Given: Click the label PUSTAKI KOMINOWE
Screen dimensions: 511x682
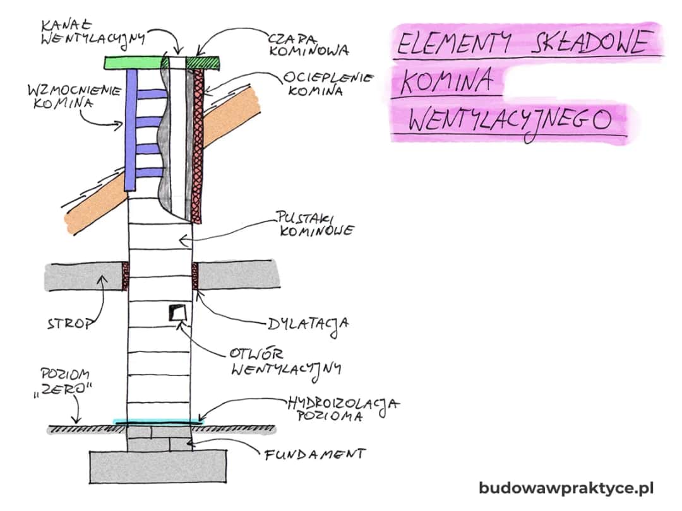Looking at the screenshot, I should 313,223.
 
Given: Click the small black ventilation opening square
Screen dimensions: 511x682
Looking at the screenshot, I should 176,312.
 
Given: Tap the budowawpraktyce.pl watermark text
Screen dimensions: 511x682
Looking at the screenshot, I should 566,488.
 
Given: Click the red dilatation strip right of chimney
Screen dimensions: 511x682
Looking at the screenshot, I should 194,276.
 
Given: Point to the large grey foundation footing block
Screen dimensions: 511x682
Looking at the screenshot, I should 158,467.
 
